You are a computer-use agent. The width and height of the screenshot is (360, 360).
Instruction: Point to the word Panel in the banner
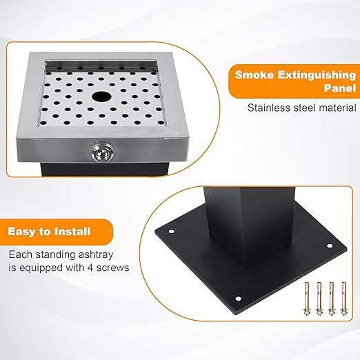pos(340,88)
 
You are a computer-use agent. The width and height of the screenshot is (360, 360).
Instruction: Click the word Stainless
pos(266,108)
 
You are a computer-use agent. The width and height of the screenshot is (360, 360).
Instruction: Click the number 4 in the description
pos(90,268)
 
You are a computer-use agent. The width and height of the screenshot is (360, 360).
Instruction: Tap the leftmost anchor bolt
pos(307,299)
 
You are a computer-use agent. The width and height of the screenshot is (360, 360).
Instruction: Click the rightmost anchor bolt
pos(343,299)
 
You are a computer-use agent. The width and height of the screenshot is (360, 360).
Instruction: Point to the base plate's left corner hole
pos(171,231)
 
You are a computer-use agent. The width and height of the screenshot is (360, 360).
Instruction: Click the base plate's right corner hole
pos(330,246)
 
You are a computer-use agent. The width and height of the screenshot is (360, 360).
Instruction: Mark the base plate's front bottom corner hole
pos(238,299)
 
